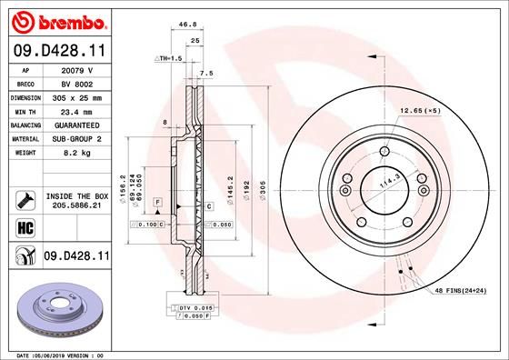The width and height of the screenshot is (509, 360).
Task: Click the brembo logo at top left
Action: (56, 19)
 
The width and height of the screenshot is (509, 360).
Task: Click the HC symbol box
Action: (24, 226)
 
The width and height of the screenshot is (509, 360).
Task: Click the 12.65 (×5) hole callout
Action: (420, 110)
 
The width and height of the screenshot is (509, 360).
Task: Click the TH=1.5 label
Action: (171, 57)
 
